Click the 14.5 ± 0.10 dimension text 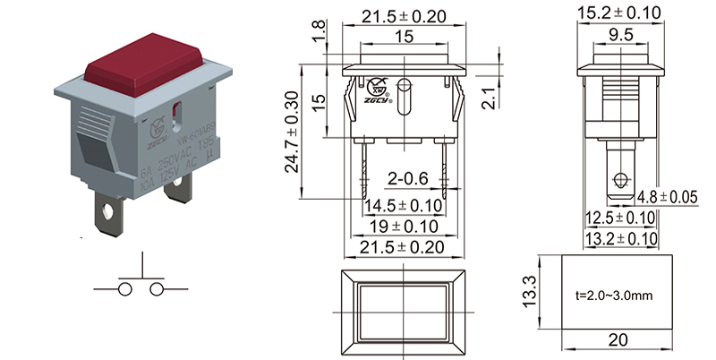[405, 207]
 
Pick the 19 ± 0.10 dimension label [405, 227]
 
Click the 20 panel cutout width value [616, 340]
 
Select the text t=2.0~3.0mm [615, 293]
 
